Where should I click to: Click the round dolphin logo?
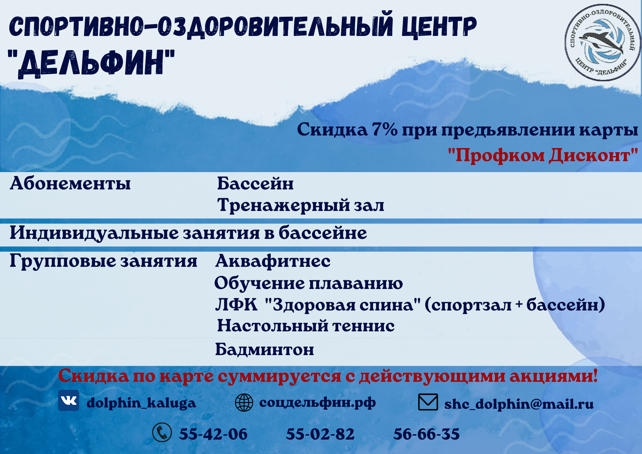click(x=602, y=42)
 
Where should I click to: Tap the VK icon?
click(x=69, y=400)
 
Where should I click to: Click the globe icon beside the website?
click(x=244, y=403)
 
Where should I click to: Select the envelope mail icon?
click(x=428, y=402)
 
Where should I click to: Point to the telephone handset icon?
click(x=162, y=432)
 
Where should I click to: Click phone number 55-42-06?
click(x=213, y=434)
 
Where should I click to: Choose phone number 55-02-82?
click(x=320, y=434)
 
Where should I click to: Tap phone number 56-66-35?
click(x=427, y=434)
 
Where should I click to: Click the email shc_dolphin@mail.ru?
click(x=519, y=404)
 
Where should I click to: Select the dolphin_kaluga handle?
click(x=141, y=403)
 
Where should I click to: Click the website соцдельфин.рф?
click(x=317, y=403)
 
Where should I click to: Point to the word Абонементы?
click(x=70, y=183)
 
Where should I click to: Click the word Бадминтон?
click(x=265, y=349)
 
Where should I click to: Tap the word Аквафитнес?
click(x=273, y=261)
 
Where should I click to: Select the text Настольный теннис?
click(x=306, y=326)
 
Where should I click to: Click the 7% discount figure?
click(x=384, y=130)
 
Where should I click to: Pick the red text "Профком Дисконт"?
click(x=543, y=155)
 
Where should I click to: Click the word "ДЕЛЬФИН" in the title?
click(x=91, y=63)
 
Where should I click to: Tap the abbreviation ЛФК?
click(x=237, y=304)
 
